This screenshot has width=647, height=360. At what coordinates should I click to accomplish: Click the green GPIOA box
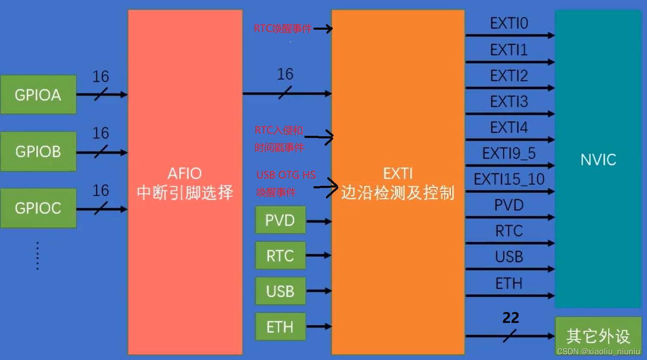38,94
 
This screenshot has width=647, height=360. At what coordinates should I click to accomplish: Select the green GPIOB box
38,151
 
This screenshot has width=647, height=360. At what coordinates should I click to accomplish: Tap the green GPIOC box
38,208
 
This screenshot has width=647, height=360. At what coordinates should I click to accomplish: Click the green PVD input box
280,220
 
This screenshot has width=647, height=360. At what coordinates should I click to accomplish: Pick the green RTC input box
280,256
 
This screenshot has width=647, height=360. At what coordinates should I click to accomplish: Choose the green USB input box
280,291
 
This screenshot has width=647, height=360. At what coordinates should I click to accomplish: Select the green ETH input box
280,327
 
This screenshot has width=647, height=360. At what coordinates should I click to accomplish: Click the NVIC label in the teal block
598,160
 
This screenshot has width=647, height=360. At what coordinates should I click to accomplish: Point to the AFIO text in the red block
184,174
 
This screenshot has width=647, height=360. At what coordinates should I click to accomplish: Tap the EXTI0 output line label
509,23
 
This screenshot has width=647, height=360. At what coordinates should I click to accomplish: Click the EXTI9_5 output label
509,153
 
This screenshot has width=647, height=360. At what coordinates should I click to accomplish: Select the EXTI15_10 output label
509,179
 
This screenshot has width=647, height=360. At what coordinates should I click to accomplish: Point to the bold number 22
510,318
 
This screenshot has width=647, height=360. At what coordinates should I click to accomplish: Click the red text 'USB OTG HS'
286,175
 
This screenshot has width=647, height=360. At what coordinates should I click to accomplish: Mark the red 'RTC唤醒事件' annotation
283,29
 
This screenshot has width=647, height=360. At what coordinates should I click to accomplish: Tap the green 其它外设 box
598,335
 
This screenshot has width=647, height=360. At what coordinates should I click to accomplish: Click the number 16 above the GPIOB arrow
100,133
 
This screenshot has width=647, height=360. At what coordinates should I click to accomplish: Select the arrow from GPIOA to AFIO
102,94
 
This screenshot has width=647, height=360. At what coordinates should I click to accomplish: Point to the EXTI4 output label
509,127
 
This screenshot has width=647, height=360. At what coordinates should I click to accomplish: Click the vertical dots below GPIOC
38,256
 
